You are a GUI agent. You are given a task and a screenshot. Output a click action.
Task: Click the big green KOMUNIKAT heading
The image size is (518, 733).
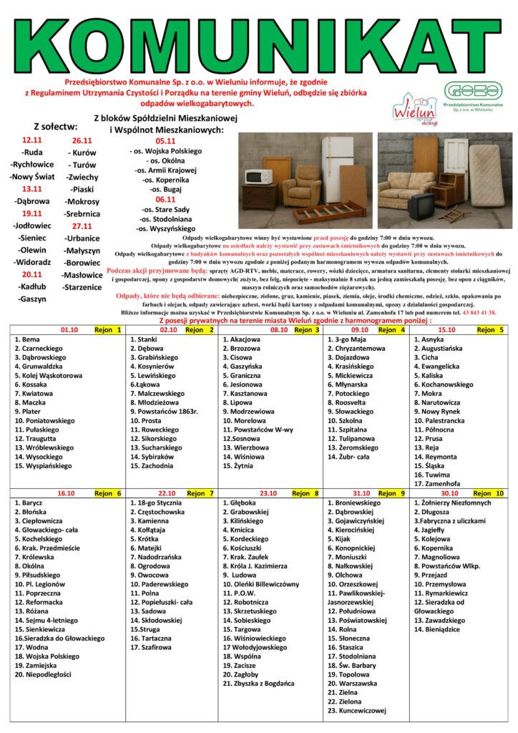[x=258, y=42]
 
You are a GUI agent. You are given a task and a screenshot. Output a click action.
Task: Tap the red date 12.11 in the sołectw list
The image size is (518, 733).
[x=32, y=141]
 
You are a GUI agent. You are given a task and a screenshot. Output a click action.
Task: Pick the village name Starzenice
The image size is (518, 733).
[x=82, y=286]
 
